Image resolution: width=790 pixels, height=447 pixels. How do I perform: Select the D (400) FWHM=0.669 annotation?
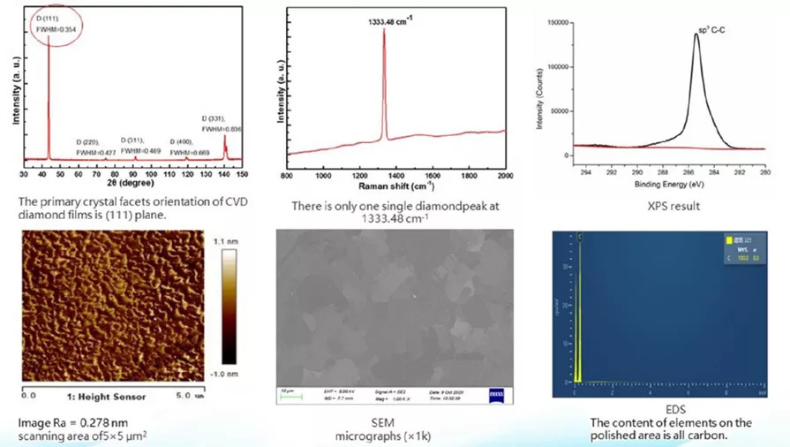188,147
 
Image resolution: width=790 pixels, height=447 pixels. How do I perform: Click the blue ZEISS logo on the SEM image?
497,391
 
